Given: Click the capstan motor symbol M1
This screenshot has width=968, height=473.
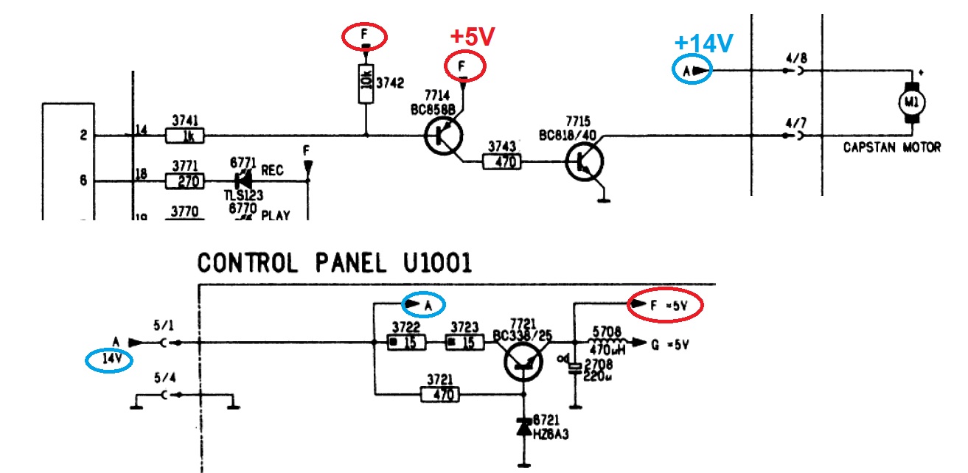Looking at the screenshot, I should tap(911, 100).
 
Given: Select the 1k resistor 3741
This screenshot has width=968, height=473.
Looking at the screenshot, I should tap(185, 136).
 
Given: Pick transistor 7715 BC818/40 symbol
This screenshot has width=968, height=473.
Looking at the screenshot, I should tap(585, 162).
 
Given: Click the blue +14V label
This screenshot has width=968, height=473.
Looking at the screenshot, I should tap(703, 43).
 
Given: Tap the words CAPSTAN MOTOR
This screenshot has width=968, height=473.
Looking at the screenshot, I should tap(892, 147).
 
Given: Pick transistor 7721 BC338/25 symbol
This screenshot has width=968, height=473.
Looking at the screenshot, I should tap(523, 361).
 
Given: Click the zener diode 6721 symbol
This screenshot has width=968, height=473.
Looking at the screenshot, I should tap(523, 426).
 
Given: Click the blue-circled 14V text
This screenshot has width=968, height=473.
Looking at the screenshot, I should tap(109, 360).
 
